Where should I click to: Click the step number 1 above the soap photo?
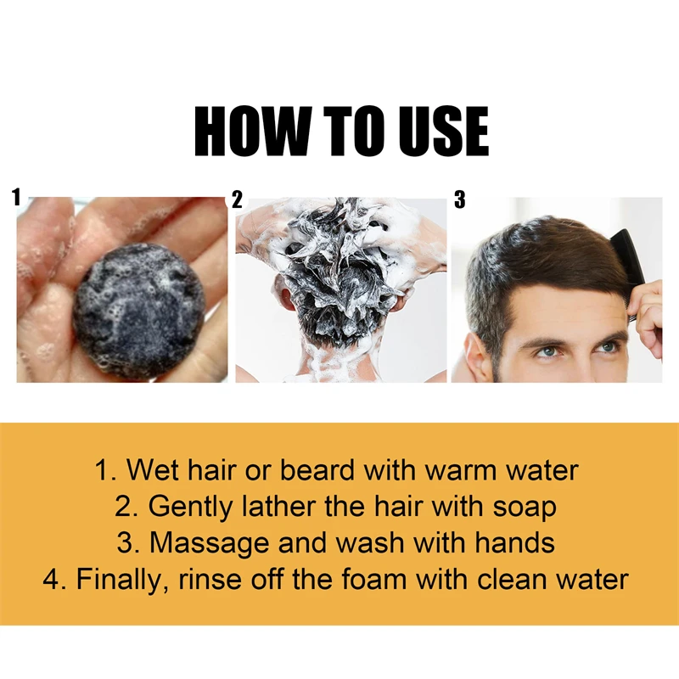point(16,199)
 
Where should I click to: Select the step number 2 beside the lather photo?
point(237,200)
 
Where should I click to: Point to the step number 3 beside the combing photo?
point(460,200)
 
